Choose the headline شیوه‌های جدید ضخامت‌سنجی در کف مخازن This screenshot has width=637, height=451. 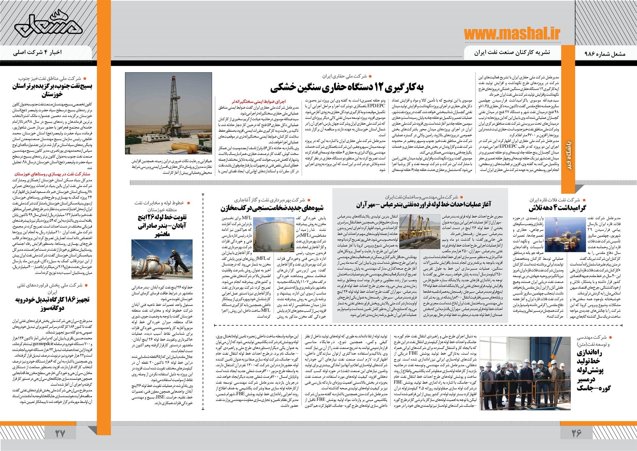coord(272,208)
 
